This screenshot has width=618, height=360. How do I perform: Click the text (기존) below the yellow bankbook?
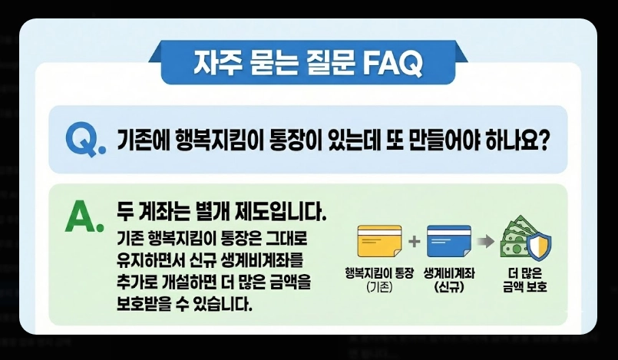[379, 288]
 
